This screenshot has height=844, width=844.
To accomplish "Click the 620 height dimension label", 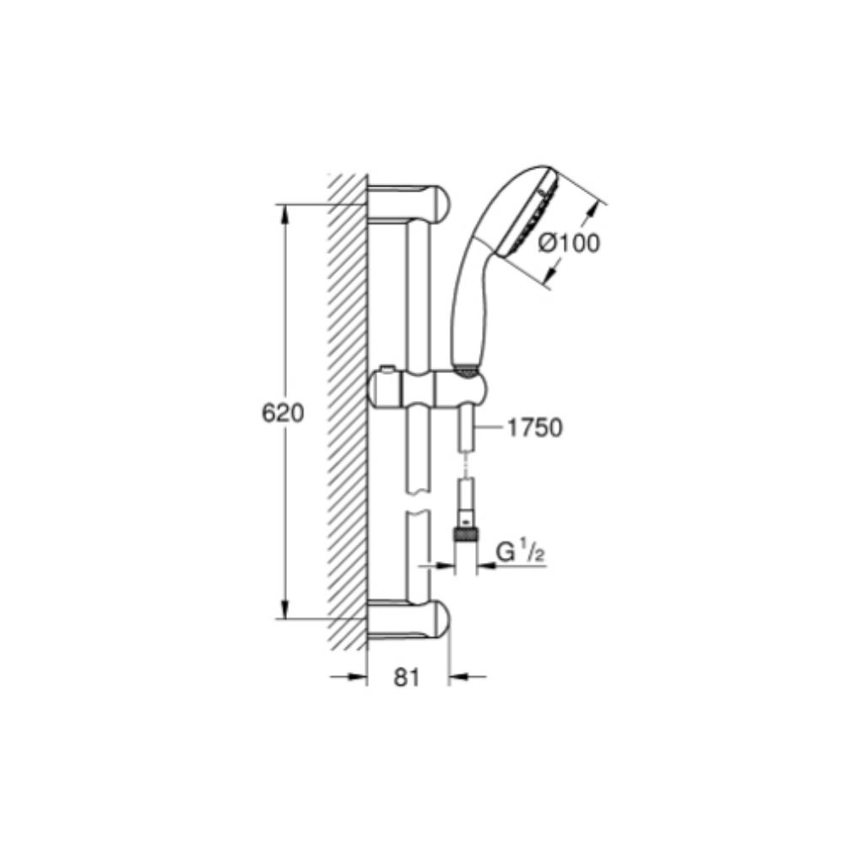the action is tap(283, 414).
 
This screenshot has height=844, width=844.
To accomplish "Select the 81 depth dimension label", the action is tap(407, 677).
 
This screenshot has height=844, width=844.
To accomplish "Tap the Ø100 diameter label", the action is tap(569, 243).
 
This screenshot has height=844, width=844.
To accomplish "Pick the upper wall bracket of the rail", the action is tap(410, 203).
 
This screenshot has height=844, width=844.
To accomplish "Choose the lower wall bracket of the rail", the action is tap(410, 619).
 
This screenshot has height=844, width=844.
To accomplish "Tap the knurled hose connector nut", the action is tap(465, 534).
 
